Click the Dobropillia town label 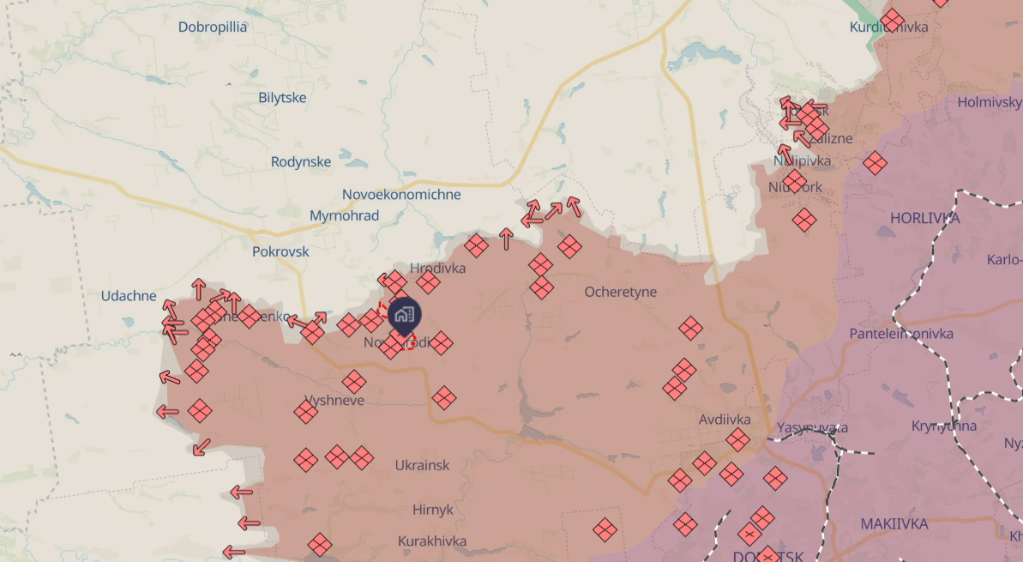213,27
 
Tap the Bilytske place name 282,98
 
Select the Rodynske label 301,162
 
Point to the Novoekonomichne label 401,195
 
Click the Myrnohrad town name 344,215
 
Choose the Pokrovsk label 280,252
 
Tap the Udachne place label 129,296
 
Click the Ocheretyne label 621,292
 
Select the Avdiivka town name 725,420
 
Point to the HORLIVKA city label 924,218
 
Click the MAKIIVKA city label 894,523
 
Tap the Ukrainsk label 422,465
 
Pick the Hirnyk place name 432,510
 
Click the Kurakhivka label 432,541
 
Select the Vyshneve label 334,401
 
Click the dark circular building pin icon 405,315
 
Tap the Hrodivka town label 438,268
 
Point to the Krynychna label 943,426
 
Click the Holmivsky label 990,102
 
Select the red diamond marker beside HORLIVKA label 804,221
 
